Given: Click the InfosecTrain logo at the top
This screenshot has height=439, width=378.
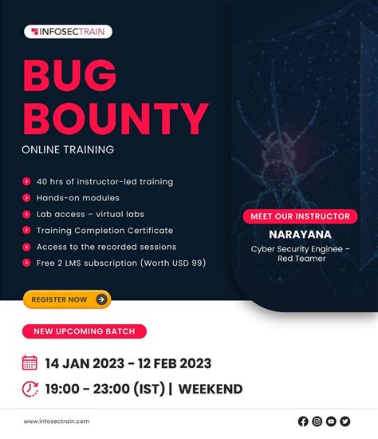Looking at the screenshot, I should tap(68, 32).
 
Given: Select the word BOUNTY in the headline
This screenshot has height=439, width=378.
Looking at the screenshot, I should tap(116, 119).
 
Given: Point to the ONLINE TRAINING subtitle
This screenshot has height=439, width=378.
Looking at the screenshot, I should tap(68, 149).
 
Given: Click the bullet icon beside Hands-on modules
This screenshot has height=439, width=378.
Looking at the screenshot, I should tap(27, 198).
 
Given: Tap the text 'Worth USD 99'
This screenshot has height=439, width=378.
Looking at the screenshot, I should tap(167, 263).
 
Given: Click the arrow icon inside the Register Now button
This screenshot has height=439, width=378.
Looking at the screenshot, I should tap(101, 299).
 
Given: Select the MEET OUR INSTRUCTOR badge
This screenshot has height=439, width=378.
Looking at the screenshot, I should tap(300, 216).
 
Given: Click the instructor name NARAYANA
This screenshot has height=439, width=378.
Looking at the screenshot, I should tap(300, 235).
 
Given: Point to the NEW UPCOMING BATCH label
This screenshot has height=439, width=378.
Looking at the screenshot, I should tap(85, 331).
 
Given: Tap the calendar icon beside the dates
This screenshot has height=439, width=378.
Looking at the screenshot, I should tap(30, 363).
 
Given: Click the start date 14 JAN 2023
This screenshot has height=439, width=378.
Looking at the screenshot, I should tap(84, 363).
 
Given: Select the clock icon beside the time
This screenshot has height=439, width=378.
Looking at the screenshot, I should tap(30, 390).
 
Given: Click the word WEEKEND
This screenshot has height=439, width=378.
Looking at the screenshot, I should tap(211, 390).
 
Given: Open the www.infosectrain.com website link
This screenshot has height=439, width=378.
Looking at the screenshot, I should tap(57, 421).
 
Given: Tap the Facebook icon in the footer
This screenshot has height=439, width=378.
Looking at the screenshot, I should tap(303, 421).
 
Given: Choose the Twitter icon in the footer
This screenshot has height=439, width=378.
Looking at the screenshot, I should tap(345, 421).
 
